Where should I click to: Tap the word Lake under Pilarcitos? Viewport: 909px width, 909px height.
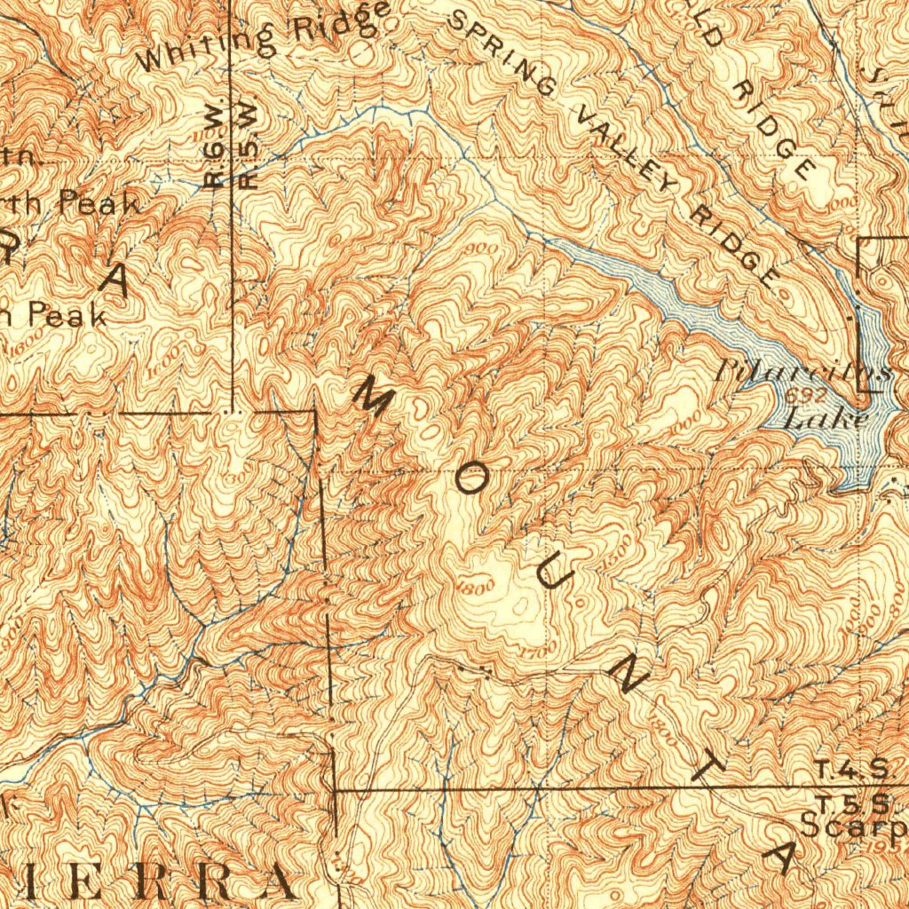[825, 417]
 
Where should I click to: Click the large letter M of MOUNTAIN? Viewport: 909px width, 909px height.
[372, 396]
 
